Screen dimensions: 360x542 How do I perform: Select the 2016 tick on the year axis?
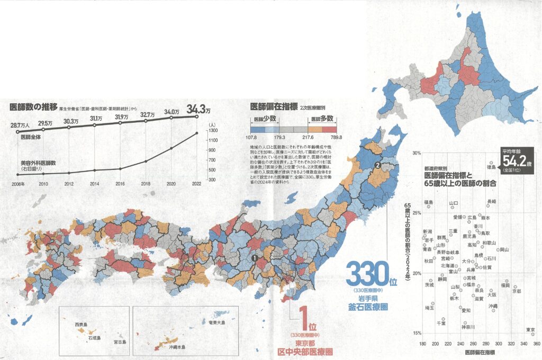(x=120, y=184)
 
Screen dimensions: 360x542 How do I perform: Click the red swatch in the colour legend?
(x=330, y=129)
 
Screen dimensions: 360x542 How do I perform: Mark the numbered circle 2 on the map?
(x=377, y=165)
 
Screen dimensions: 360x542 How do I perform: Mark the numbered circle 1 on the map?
(x=254, y=258)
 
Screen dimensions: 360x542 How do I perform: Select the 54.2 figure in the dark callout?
(x=514, y=160)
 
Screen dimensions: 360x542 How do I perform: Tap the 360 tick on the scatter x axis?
(x=536, y=344)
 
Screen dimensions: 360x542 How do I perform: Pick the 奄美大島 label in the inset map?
(x=216, y=323)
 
